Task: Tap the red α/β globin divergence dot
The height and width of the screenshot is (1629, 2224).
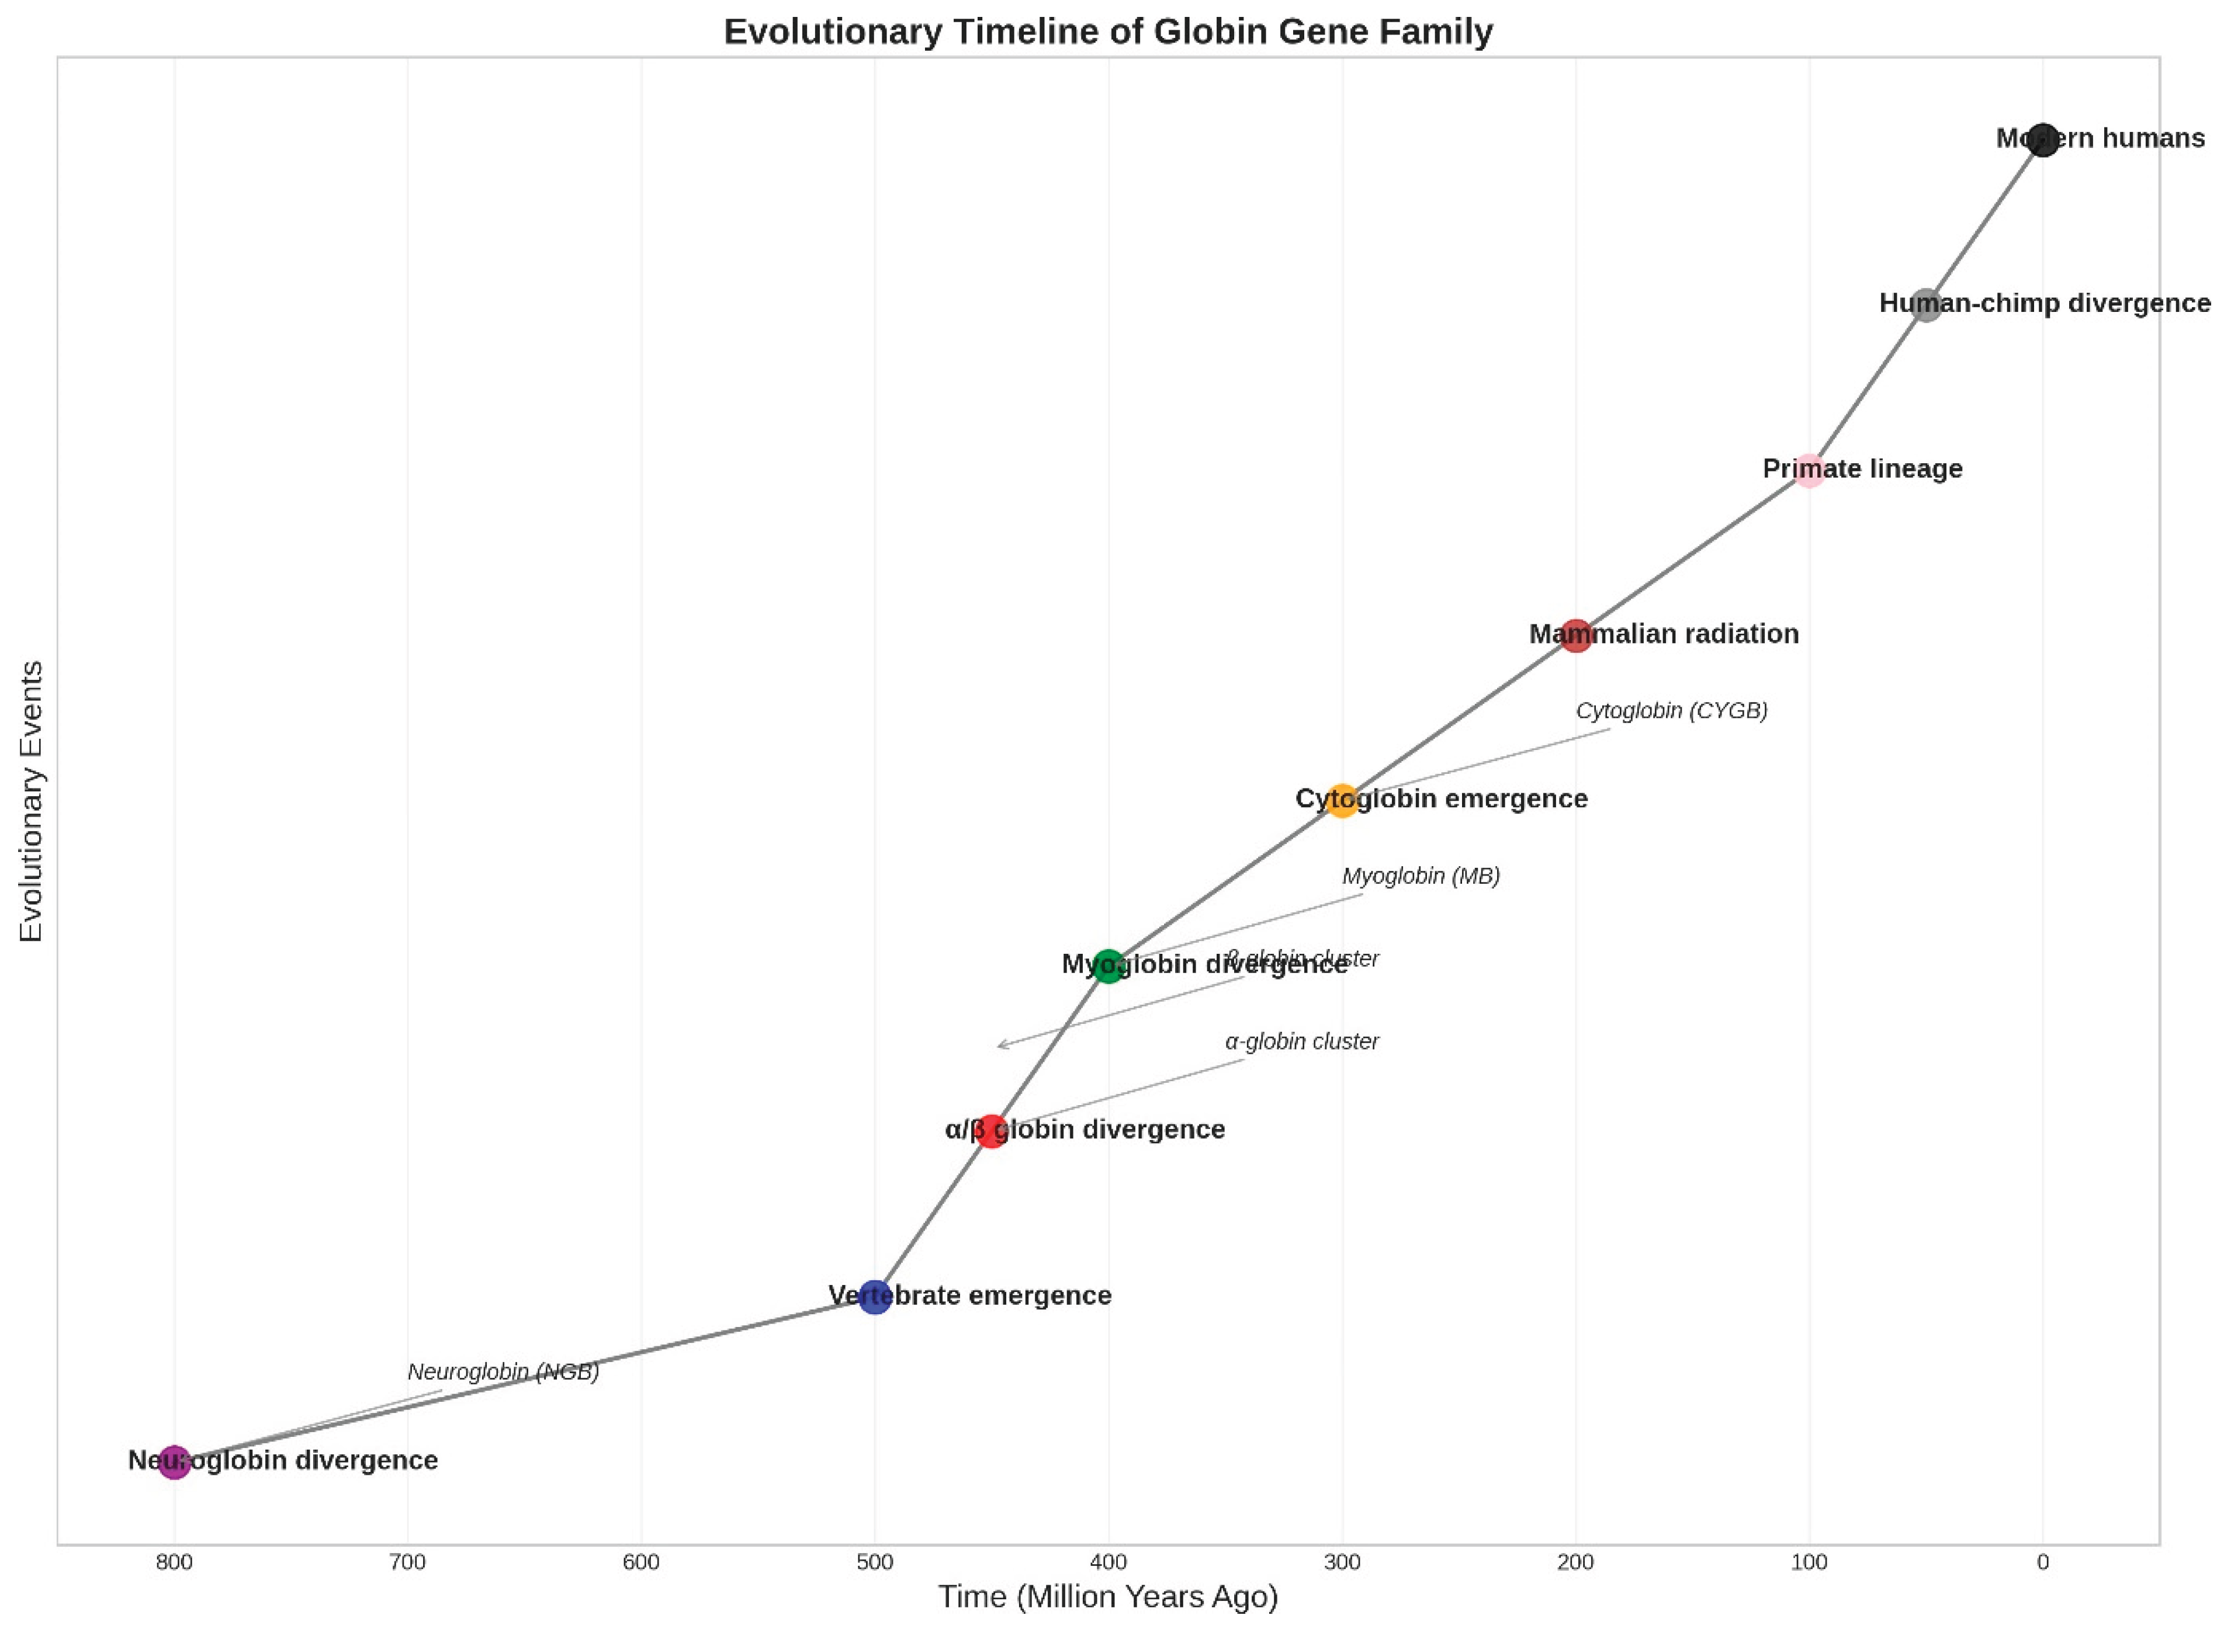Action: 991,1131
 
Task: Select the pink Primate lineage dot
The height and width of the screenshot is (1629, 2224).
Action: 1808,470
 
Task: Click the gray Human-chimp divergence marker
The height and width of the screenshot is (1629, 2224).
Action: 1925,305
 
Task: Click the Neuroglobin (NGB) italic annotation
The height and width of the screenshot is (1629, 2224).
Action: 503,1371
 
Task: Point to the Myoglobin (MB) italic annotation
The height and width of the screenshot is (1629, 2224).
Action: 1420,876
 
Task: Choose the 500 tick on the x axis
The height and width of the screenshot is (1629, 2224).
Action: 874,1562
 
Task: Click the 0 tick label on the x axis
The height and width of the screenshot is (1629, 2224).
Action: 2042,1562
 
